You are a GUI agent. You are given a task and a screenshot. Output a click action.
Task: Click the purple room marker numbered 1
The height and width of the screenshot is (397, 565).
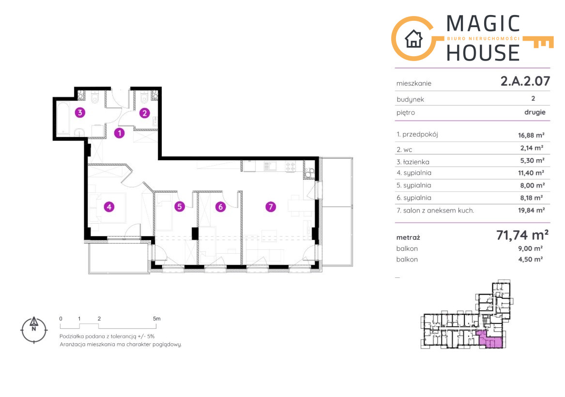coord(119,133)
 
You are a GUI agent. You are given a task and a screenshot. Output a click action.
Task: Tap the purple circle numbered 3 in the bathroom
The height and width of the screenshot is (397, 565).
coord(80,112)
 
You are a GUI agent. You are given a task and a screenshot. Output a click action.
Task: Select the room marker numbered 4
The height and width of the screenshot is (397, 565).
coord(109,207)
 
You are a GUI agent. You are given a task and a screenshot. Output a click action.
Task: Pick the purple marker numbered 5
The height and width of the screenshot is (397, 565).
coord(180,206)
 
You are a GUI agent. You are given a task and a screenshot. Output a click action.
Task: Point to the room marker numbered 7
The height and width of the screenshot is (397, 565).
coord(271,207)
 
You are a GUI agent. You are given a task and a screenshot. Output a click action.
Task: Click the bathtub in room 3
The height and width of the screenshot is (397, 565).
coord(63,118)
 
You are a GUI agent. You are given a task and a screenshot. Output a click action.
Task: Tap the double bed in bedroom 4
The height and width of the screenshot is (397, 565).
coord(108,208)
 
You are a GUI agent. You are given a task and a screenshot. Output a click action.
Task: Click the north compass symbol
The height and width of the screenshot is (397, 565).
coord(34,330)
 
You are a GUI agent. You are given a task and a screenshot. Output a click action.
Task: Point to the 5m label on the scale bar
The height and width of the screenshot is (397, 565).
coord(157,319)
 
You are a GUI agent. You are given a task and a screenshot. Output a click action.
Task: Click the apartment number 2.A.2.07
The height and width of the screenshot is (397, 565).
coord(525,81)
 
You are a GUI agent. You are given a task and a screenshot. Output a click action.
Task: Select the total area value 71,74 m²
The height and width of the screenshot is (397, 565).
coord(522,235)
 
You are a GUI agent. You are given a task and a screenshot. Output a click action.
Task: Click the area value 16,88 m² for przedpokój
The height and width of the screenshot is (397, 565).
coord(531,136)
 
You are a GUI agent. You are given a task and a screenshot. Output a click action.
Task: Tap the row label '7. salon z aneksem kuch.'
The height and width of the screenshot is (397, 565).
coord(435,211)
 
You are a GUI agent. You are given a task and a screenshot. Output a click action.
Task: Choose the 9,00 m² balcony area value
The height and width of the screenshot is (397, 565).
coord(531,248)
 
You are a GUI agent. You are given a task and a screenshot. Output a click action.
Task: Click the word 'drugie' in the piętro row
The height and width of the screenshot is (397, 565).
coord(534,112)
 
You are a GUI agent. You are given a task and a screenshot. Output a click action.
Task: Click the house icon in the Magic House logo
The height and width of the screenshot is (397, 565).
coord(413,39)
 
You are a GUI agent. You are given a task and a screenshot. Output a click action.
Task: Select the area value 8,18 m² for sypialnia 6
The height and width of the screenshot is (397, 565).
coord(531,198)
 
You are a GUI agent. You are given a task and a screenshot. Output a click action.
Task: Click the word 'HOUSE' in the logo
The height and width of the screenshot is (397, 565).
coord(483,53)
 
